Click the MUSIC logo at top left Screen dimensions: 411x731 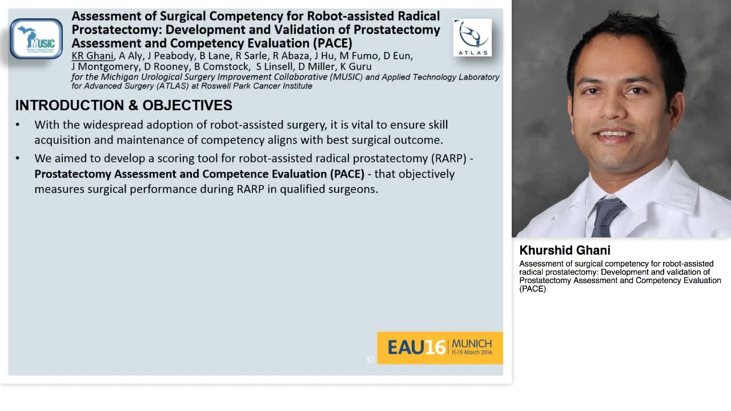36,39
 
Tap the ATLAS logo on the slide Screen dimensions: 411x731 472,38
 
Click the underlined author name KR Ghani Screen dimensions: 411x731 93,56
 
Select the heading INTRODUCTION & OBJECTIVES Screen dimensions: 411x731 123,105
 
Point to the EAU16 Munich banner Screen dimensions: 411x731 440,347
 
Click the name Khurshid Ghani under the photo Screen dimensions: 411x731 565,250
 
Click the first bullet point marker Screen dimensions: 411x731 18,125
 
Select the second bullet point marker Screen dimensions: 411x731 18,159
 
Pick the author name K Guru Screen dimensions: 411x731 356,67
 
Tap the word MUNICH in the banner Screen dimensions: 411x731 471,344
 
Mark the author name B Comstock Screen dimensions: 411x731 222,67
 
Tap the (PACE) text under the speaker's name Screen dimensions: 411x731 533,289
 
